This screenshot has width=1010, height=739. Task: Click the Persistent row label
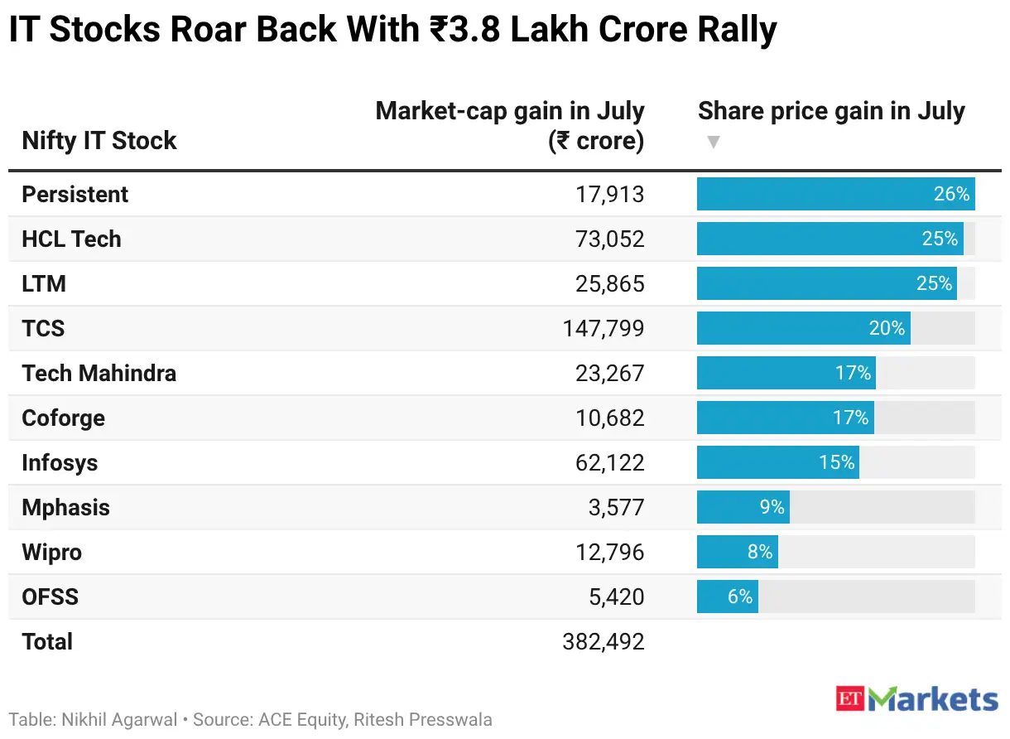75,195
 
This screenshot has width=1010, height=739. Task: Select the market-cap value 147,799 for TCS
604,328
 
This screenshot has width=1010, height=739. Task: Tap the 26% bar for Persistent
836,194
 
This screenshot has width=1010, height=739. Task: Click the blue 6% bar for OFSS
728,597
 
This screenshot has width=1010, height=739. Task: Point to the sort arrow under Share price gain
714,142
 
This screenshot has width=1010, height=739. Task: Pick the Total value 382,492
604,641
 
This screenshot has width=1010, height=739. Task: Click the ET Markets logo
916,699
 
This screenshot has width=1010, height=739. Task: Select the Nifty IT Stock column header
99,141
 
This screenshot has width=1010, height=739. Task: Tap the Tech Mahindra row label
99,374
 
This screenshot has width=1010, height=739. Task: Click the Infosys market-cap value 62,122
609,463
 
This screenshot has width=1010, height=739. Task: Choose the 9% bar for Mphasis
743,507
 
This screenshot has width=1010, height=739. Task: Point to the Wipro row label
52,553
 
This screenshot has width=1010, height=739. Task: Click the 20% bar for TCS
804,328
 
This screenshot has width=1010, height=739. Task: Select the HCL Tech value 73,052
609,239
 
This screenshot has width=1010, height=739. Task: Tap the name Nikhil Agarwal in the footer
119,720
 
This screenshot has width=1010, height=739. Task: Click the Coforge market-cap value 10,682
609,418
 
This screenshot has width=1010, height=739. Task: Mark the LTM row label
44,284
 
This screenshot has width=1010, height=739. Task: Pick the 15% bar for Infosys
778,462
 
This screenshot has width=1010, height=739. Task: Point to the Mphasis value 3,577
617,508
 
